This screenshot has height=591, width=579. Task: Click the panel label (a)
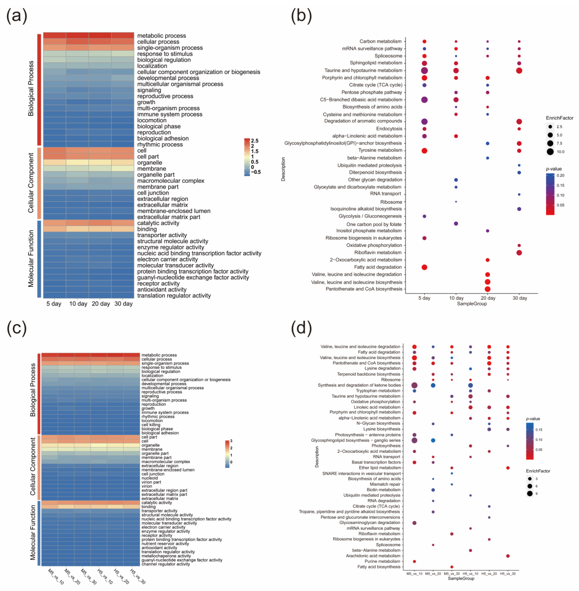click(17, 16)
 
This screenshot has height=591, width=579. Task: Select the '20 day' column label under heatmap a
click(101, 304)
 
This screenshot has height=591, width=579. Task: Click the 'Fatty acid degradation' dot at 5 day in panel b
click(425, 267)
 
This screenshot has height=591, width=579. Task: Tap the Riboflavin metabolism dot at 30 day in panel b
click(519, 253)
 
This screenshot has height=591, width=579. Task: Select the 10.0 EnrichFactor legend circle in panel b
click(550, 152)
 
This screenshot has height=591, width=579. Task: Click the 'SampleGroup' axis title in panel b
click(472, 304)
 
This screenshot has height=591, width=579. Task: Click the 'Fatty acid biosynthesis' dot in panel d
click(452, 567)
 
